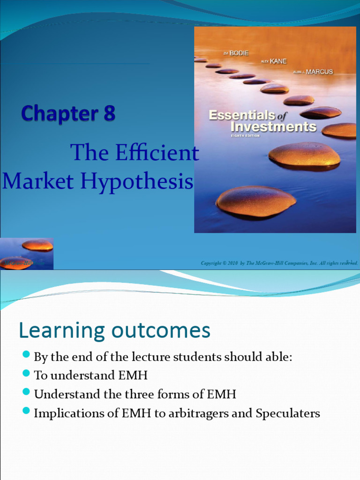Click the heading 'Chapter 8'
click(68, 113)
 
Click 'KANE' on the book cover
click(278, 61)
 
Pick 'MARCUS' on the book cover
click(319, 72)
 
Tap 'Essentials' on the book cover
click(241, 115)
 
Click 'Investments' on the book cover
click(274, 127)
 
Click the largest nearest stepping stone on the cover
click(255, 201)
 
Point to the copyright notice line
click(279, 263)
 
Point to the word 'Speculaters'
click(288, 413)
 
